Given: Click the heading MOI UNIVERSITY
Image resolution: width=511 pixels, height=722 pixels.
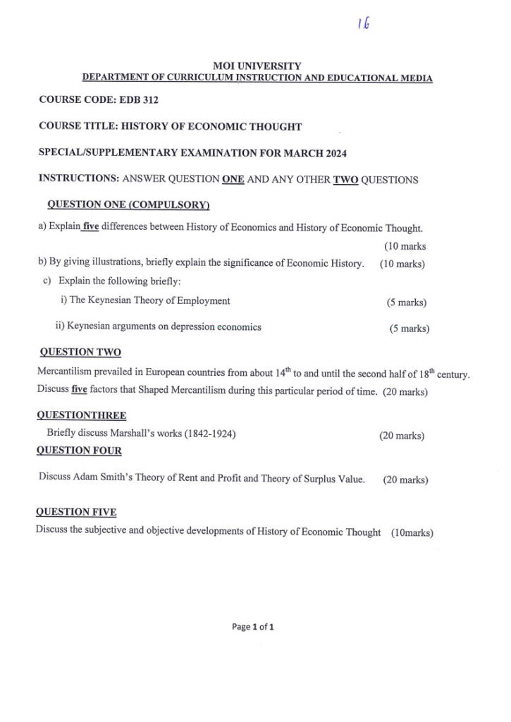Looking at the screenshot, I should point(257,66).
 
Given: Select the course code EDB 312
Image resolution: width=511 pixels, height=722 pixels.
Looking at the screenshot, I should point(139,100).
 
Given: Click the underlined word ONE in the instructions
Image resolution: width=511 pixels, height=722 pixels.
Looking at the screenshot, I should point(233,179).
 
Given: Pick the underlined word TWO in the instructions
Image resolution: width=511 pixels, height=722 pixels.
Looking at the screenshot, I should point(345,179).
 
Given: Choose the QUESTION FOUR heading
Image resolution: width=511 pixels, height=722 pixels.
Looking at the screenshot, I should point(79,451).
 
